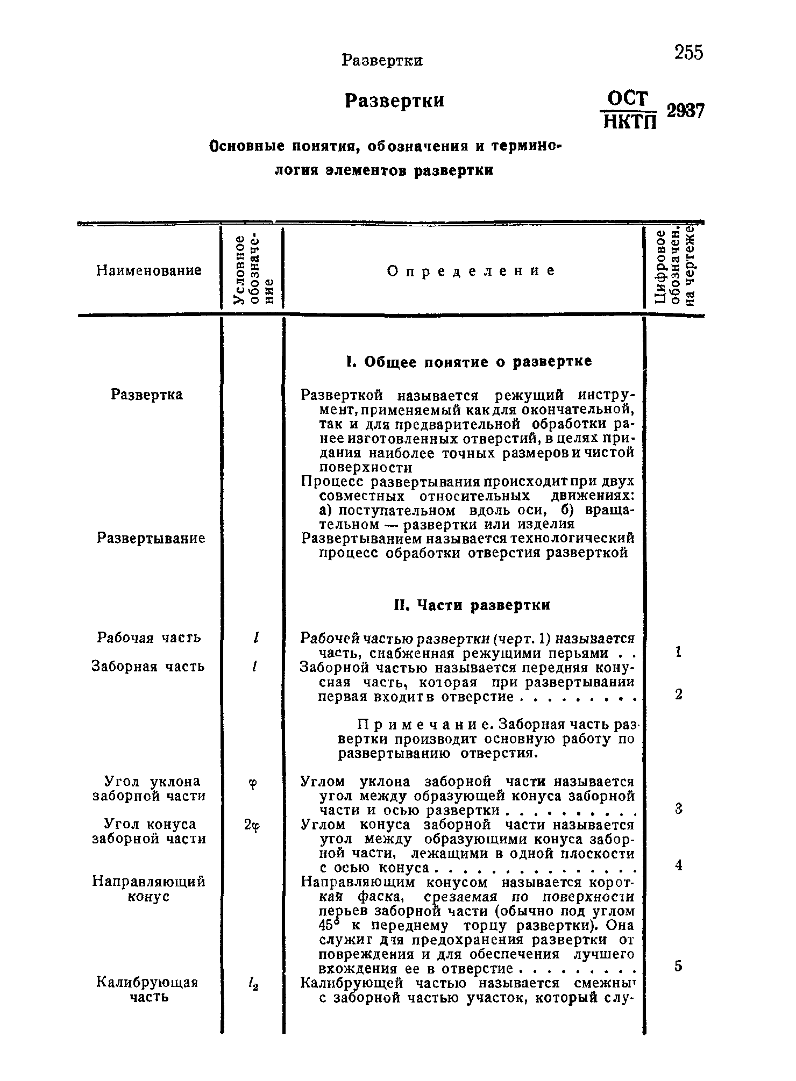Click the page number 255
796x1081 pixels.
[688, 53]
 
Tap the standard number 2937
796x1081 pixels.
[685, 111]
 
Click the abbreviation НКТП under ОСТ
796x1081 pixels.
[628, 122]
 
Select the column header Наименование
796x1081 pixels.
[149, 270]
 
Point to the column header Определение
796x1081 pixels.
[471, 271]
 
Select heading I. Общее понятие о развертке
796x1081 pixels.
[468, 362]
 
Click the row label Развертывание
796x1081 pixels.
[151, 538]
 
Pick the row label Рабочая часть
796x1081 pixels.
[149, 638]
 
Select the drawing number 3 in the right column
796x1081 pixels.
[679, 808]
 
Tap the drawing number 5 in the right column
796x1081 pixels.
[679, 967]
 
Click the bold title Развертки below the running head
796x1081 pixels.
[394, 101]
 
